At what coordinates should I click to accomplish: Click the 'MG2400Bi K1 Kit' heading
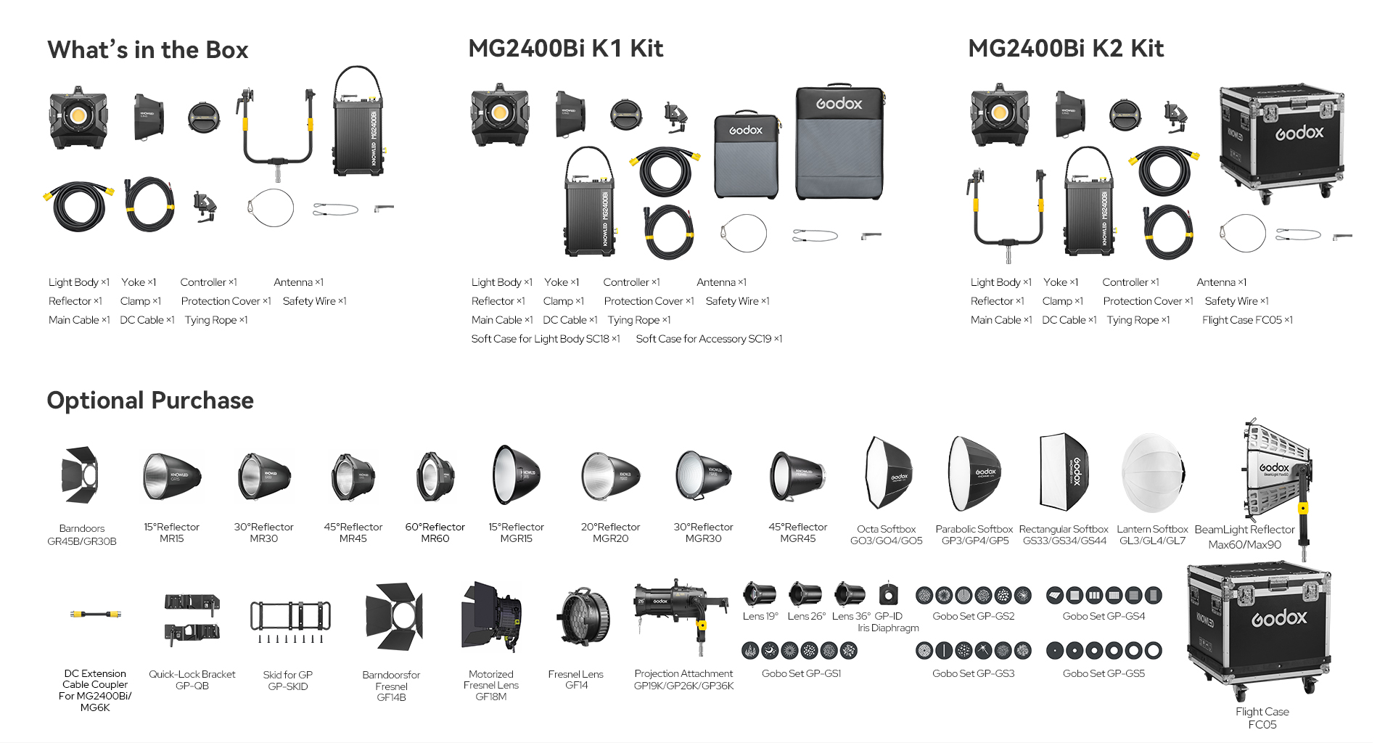[x=565, y=49]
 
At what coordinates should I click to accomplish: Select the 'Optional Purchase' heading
[x=150, y=401]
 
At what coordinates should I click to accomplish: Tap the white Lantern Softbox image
[x=1152, y=474]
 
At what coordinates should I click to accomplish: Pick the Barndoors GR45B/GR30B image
[x=81, y=475]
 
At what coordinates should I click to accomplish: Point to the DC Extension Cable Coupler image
[x=95, y=615]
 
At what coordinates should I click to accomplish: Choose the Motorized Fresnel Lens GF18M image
[x=491, y=617]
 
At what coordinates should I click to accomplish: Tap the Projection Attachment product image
[x=679, y=609]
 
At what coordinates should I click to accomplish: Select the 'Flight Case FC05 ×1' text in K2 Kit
[x=1247, y=320]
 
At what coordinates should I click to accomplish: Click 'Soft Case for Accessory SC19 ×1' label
[x=709, y=339]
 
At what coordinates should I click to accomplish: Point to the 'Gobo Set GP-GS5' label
[x=1104, y=673]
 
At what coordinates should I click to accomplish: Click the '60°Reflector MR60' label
[x=435, y=533]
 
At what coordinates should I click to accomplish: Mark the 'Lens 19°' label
[x=760, y=616]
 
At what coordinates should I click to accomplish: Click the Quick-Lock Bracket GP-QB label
[x=192, y=680]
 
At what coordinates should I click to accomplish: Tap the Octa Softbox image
[x=887, y=474]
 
